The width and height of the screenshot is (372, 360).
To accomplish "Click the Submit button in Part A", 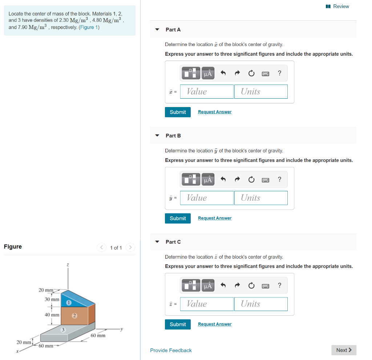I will click(178, 112).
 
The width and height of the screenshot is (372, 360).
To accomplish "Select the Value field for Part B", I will click(207, 198).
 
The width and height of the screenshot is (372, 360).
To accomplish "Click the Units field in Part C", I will click(261, 304).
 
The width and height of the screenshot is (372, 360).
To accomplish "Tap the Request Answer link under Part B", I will click(214, 218).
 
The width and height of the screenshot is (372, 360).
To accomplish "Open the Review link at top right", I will click(337, 6).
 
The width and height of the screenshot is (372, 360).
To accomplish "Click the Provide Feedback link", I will click(171, 350).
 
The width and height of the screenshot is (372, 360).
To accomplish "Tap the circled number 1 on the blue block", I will click(68, 302).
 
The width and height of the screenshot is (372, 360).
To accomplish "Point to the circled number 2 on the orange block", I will click(74, 315).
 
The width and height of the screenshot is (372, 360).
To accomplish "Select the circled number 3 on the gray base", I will click(63, 330).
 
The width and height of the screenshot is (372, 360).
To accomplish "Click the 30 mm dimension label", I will click(52, 299).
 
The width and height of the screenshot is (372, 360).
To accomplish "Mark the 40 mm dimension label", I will click(52, 315).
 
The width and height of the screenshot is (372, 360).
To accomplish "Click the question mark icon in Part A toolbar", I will click(279, 73).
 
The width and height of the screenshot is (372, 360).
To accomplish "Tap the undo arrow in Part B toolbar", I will click(223, 179).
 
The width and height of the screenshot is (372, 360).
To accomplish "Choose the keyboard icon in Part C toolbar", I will click(266, 286).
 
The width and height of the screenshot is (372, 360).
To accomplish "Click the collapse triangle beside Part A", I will click(157, 29).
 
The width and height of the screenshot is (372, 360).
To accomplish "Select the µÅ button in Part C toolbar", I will click(208, 286).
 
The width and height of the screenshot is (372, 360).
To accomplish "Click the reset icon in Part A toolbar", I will click(251, 73).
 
